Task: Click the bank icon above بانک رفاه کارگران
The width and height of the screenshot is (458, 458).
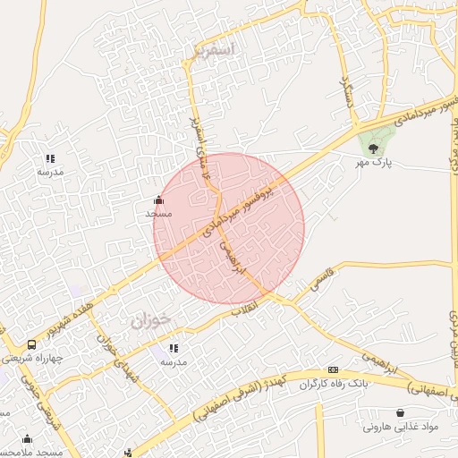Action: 333,369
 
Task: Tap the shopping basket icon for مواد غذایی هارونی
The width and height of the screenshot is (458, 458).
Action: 400,412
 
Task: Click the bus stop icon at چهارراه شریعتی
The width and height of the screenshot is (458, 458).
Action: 32,344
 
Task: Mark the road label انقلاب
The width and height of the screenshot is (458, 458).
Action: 243,310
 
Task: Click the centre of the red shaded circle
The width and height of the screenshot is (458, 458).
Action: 229,229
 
